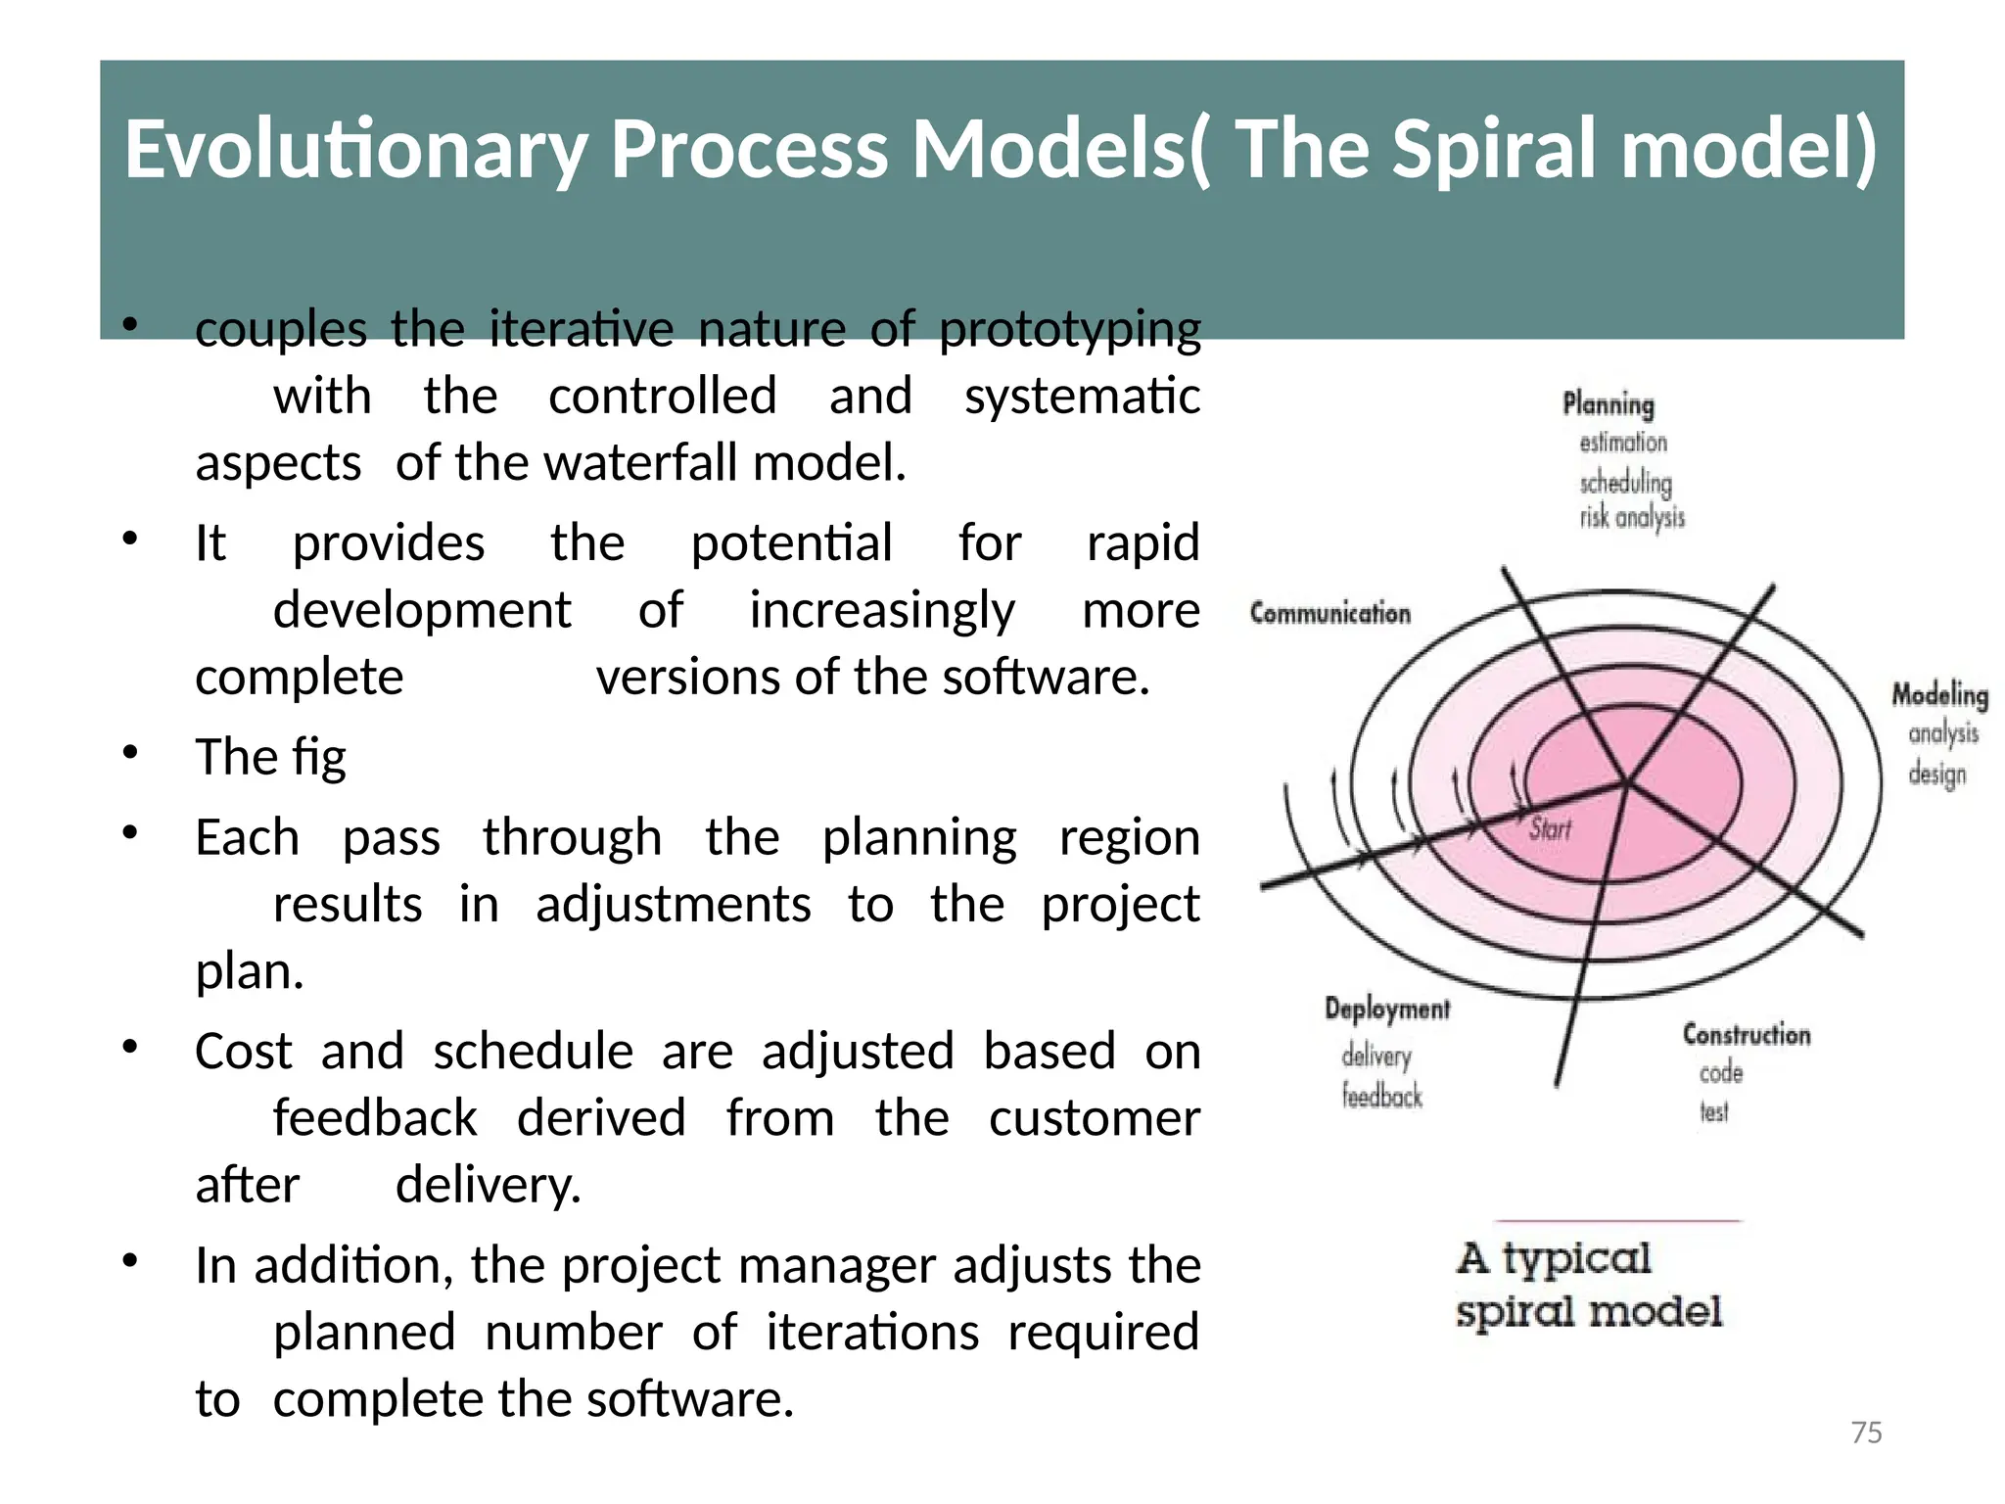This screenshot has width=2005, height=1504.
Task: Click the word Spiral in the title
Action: click(1498, 149)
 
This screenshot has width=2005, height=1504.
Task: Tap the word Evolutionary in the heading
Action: click(354, 149)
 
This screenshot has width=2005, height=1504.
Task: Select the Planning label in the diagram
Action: click(1608, 404)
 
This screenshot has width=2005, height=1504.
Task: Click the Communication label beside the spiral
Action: click(1329, 614)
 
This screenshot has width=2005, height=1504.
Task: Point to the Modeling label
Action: click(1938, 695)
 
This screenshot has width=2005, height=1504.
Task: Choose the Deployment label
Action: click(1386, 1009)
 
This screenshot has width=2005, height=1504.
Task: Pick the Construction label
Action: click(1746, 1034)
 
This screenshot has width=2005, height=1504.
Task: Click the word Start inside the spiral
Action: click(1550, 829)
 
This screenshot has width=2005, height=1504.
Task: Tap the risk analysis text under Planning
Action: click(1631, 518)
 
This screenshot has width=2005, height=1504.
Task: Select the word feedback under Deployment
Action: click(1381, 1096)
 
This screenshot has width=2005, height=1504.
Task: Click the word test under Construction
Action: click(1713, 1111)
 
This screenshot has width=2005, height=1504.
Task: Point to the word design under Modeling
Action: click(1935, 775)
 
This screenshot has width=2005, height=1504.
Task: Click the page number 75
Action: click(1866, 1433)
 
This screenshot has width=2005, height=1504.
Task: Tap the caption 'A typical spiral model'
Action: click(1587, 1285)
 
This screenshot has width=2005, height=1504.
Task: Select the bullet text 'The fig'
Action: click(270, 757)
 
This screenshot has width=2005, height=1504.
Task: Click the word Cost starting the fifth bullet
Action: click(243, 1052)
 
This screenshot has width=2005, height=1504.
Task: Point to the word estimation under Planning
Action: click(1622, 443)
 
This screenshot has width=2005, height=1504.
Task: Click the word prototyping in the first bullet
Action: click(1069, 329)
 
